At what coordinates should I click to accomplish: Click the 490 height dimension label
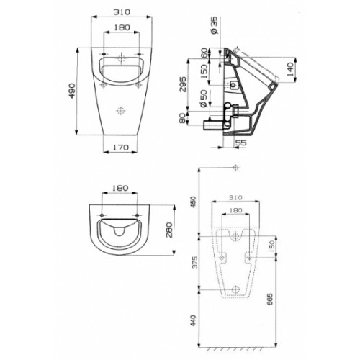coord(72,91)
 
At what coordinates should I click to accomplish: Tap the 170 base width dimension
coord(120,148)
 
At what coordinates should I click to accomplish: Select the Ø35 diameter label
coord(215,25)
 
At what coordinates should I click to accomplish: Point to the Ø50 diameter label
coord(203,99)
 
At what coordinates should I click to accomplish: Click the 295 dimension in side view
coord(183,84)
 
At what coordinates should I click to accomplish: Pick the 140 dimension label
coord(290,69)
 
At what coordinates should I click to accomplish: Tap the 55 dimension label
coord(241,143)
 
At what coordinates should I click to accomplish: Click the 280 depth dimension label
coord(169,230)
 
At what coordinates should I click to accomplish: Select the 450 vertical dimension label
coord(194,202)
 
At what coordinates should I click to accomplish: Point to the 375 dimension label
coord(194,262)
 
